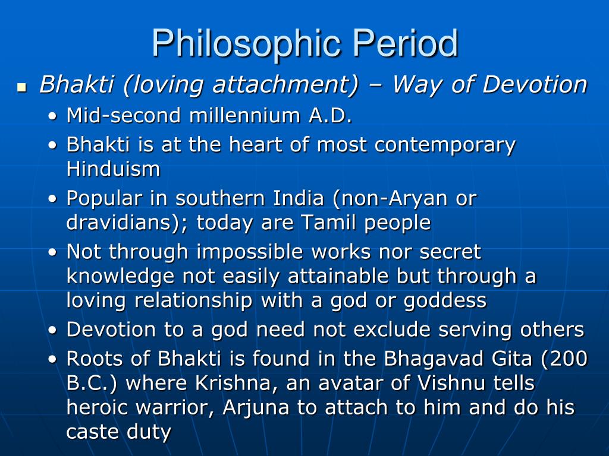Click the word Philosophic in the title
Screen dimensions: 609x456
tap(247, 44)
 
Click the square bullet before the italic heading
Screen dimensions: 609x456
tap(22, 88)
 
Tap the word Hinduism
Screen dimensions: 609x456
tap(113, 169)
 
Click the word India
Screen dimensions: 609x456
tap(299, 198)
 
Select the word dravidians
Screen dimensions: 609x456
tap(119, 223)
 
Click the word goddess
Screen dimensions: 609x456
tap(445, 301)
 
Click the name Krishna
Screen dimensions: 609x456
tap(239, 383)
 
